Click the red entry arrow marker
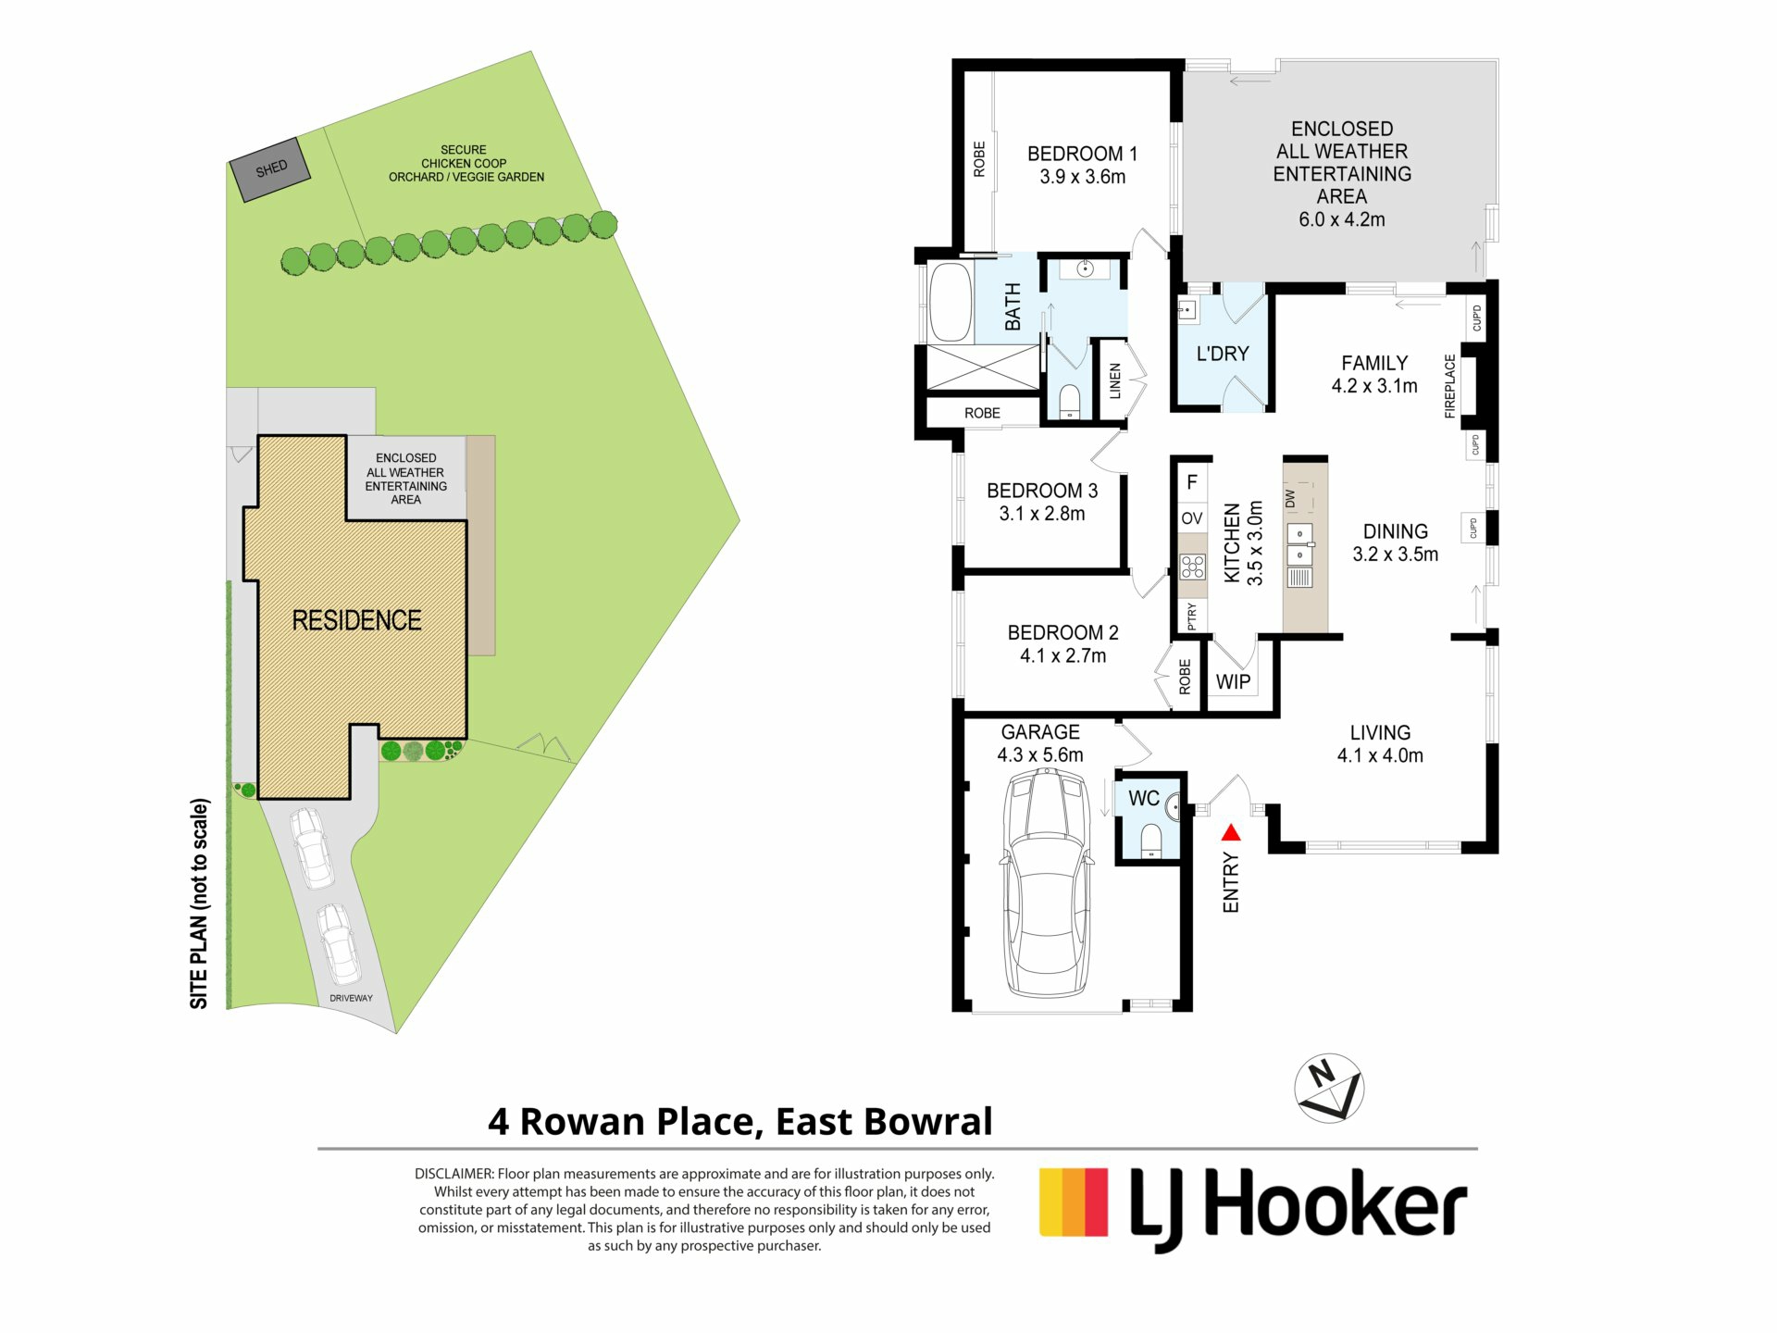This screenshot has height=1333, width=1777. [1231, 833]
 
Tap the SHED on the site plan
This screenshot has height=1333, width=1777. [270, 169]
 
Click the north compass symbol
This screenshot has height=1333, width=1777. [1329, 1088]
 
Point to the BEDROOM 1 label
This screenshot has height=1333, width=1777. [1082, 154]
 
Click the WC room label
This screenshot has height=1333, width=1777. [1144, 798]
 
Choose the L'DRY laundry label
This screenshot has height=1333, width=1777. [1223, 354]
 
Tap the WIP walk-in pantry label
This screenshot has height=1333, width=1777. [1233, 682]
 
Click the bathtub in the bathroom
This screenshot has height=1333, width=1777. [950, 303]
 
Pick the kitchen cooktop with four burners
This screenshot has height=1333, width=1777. [1193, 566]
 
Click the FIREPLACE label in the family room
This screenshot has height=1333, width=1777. [1450, 386]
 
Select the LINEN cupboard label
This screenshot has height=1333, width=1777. [1115, 381]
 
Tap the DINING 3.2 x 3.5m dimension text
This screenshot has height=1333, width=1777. [1396, 554]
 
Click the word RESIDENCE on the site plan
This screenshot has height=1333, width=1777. [356, 620]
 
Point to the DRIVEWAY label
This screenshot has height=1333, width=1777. [351, 998]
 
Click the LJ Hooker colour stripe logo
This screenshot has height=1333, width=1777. [1074, 1202]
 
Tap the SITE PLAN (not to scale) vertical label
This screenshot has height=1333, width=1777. [199, 903]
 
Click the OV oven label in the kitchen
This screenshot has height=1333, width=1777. [1192, 518]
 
